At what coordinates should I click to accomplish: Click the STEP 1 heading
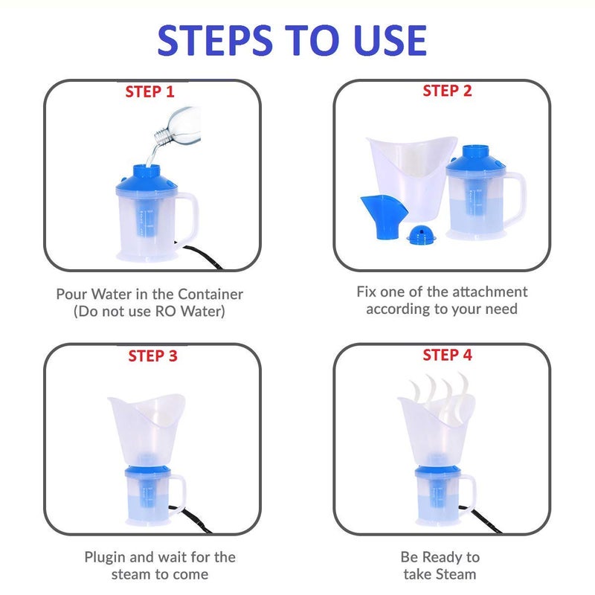(x=150, y=91)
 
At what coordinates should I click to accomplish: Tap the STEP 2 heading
(x=448, y=91)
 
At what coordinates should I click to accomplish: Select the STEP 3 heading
(x=153, y=356)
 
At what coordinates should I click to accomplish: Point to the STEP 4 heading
(x=448, y=356)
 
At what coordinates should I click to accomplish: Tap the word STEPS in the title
(x=215, y=40)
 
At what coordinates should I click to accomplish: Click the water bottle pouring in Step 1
(x=178, y=126)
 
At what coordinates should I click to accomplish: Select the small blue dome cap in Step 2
(x=421, y=234)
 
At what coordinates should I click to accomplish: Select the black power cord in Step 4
(x=480, y=518)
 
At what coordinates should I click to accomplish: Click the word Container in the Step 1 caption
(x=210, y=294)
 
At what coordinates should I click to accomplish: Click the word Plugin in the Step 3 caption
(x=105, y=557)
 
